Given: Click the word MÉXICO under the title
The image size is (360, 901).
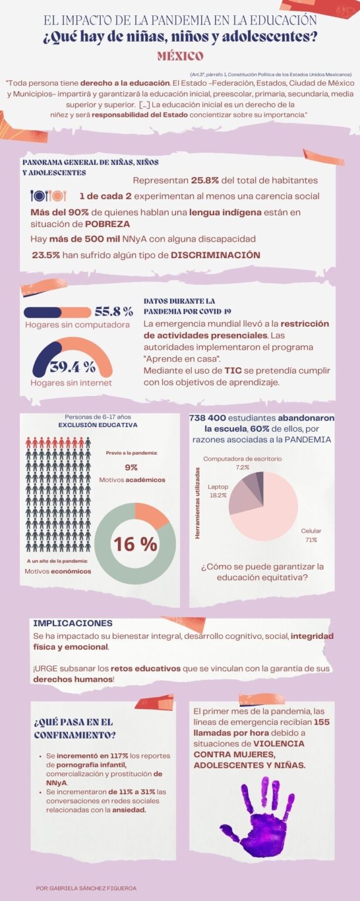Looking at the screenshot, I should tap(180, 56).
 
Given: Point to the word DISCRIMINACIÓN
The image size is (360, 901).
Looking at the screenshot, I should tap(215, 255).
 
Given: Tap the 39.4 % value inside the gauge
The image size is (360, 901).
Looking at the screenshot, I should tap(72, 367).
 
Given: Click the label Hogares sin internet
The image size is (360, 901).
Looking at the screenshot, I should tap(71, 382).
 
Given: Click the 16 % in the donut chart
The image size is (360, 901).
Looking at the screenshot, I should tap(135, 544).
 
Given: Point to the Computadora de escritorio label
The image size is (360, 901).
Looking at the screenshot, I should tap(242, 458).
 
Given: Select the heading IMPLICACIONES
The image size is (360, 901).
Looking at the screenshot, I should tap(73, 623).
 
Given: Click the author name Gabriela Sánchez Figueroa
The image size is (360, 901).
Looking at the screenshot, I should tap(86, 888).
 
